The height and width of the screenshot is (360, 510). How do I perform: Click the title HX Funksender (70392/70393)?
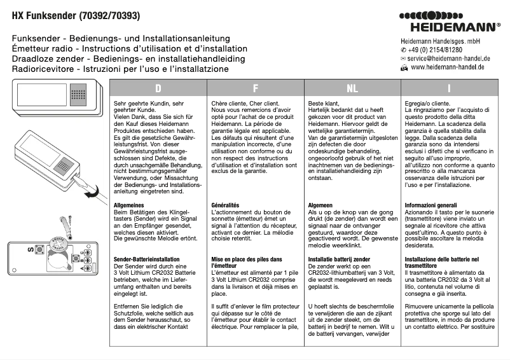pos(76,15)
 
